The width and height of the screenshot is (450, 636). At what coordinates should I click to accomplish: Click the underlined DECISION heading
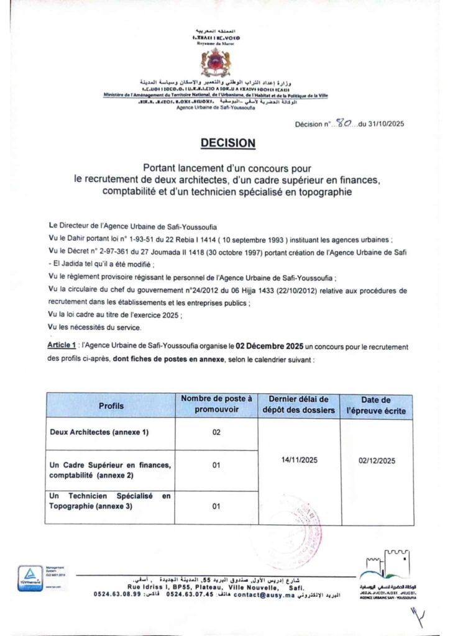tap(228, 143)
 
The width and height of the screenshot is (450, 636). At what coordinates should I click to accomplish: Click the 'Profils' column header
tap(111, 406)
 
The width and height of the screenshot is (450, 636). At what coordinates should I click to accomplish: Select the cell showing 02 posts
tap(216, 432)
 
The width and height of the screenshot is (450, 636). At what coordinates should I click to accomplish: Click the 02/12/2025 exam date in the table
tap(377, 460)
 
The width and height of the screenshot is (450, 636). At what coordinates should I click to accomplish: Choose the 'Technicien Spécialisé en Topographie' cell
tap(109, 501)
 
